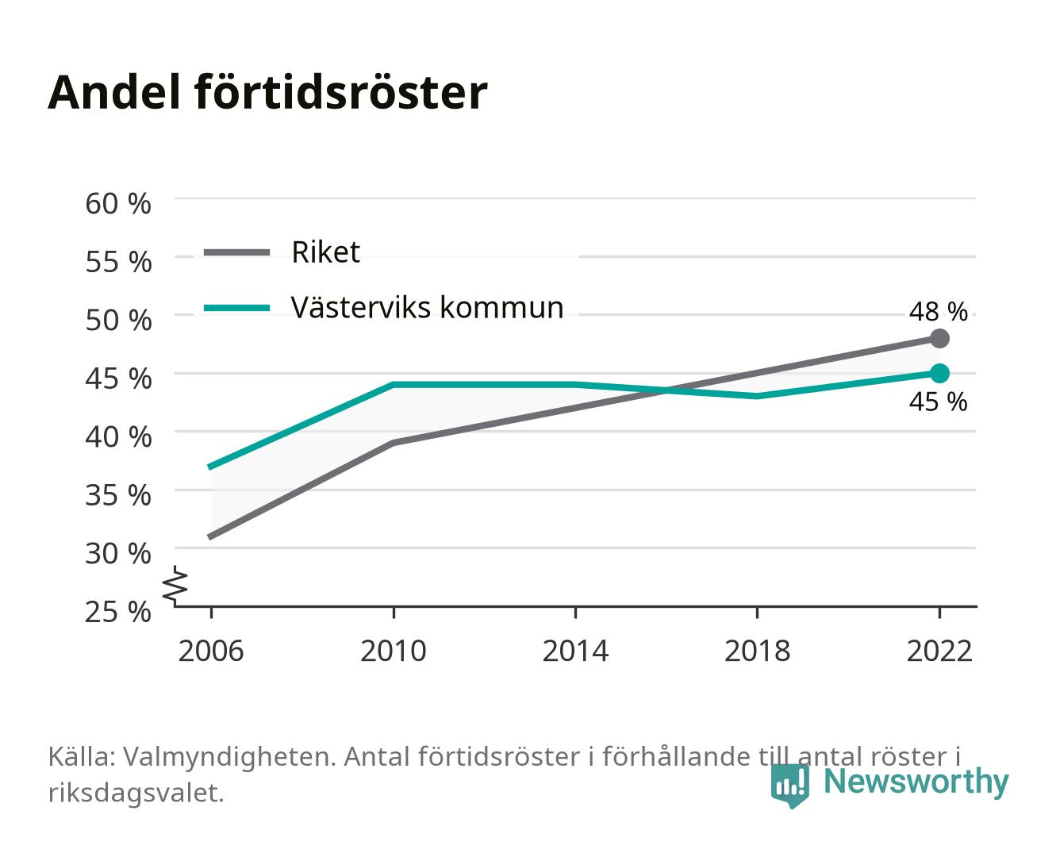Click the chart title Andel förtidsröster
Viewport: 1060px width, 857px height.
click(x=267, y=93)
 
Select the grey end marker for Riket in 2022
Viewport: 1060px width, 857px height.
click(x=939, y=338)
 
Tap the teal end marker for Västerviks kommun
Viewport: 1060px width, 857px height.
click(x=939, y=373)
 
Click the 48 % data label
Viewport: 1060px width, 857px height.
click(x=938, y=312)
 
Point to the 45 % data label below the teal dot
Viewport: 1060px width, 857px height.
click(x=938, y=402)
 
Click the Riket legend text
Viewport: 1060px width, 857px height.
click(x=325, y=252)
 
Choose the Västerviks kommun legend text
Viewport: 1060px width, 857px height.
click(x=428, y=307)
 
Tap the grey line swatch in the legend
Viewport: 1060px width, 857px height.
click(x=237, y=252)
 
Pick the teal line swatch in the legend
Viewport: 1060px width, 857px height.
click(x=237, y=308)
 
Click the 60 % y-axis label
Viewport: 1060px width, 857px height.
click(x=118, y=204)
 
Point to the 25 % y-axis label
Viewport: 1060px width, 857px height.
click(x=118, y=612)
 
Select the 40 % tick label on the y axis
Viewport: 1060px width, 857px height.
click(x=118, y=437)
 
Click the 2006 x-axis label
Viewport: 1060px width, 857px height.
click(x=211, y=651)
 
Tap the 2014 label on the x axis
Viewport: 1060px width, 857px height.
click(x=575, y=651)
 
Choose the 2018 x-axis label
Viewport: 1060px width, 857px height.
click(x=757, y=651)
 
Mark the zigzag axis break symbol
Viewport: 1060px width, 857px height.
click(x=175, y=586)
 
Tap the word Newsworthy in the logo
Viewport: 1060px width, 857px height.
click(x=916, y=782)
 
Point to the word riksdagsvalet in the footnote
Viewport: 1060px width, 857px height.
click(x=136, y=793)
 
